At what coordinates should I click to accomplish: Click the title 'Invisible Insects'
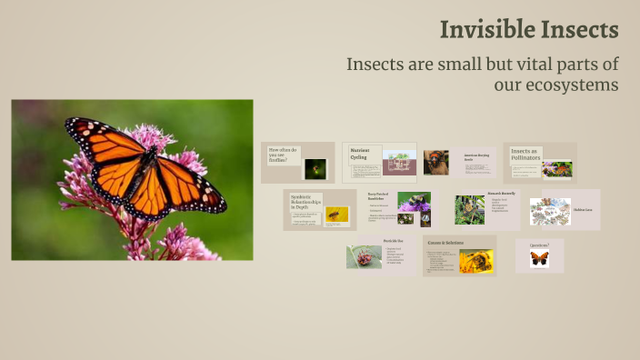tap(529, 29)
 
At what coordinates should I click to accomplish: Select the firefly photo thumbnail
tap(315, 168)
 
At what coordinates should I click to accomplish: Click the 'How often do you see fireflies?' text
tap(283, 155)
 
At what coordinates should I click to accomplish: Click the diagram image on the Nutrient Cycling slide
tap(399, 163)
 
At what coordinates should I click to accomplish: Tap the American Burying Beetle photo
tap(435, 162)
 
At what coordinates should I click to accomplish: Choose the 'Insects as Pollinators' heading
tap(525, 155)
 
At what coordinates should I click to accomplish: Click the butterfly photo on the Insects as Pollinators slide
tap(556, 168)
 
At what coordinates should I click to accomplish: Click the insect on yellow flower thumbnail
tap(336, 215)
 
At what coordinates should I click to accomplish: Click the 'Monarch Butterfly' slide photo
tap(470, 210)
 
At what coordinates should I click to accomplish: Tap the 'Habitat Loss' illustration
tap(550, 211)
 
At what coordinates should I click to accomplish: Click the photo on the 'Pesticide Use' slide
tap(364, 256)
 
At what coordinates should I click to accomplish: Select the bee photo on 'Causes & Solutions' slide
tap(475, 261)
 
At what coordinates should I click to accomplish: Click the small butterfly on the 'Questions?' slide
tap(539, 259)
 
